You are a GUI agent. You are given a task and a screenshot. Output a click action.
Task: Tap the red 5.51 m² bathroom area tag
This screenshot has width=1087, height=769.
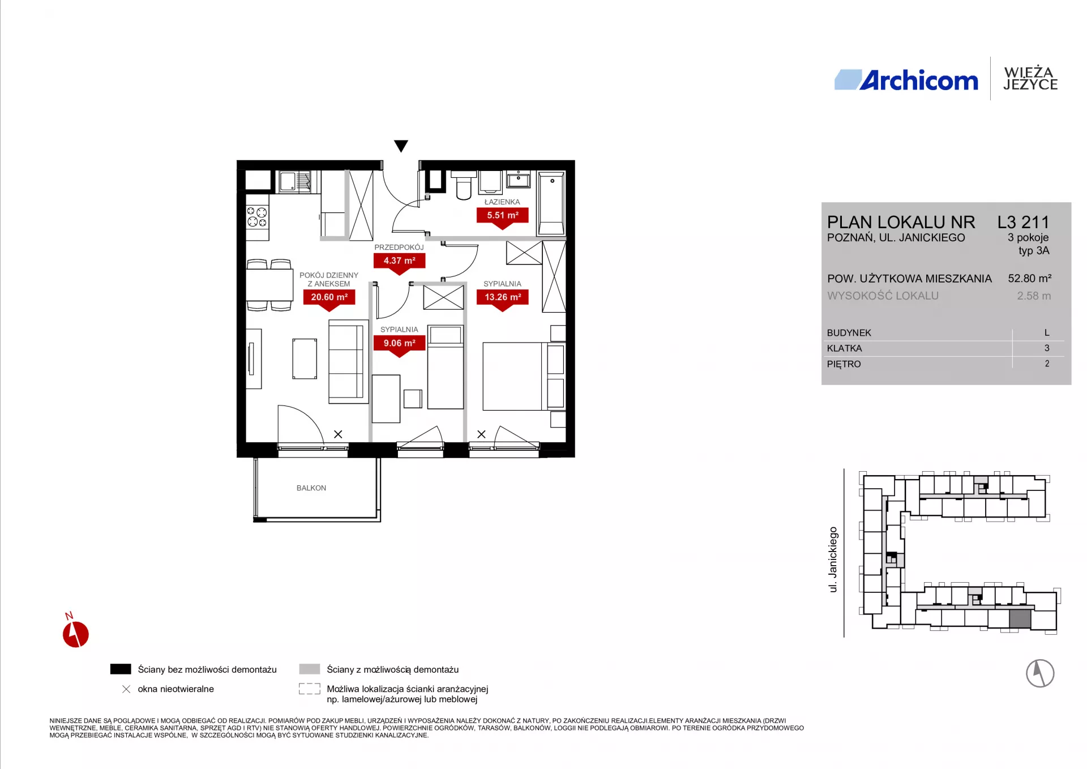point(502,217)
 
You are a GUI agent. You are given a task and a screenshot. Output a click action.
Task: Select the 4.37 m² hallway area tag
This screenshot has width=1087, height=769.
point(399,263)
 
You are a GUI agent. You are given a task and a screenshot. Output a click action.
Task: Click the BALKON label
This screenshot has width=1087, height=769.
point(311,488)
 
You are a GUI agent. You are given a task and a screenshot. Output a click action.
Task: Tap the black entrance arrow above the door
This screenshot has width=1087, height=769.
point(401,146)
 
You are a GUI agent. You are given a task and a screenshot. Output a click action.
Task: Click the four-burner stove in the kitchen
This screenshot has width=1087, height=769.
point(257,217)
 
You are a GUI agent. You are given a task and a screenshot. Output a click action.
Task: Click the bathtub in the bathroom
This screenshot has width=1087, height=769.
point(551,203)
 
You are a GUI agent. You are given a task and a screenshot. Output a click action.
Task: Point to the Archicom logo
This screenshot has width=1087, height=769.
point(906,80)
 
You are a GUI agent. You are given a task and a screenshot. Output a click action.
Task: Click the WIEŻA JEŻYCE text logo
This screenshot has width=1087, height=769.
point(1030,79)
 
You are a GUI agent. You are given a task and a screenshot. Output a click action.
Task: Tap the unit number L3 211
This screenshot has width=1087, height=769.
point(1023,222)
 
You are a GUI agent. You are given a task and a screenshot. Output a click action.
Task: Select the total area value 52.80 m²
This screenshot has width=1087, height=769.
point(1029,279)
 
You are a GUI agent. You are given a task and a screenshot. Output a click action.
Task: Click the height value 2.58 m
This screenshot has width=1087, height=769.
point(1034,296)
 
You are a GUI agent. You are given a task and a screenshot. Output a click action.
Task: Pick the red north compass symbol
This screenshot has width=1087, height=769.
point(75,633)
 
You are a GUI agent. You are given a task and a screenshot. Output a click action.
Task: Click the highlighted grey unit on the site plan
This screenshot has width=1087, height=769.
point(1020,619)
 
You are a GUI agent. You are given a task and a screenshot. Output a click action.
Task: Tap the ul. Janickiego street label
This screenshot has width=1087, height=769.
point(833,559)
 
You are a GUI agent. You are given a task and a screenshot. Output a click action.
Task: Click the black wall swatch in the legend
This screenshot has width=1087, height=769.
point(121,669)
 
